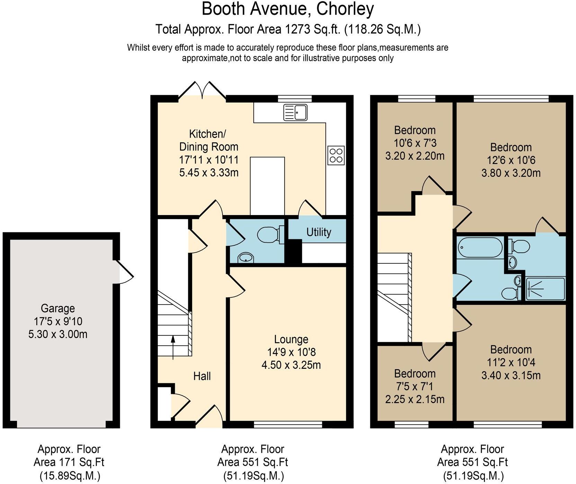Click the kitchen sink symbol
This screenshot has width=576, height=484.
295,112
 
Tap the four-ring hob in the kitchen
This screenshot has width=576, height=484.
336,155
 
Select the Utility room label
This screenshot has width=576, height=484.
318,232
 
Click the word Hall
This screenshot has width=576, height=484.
202,376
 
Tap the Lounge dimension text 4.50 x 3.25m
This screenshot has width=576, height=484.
291,365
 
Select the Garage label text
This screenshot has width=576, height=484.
57,308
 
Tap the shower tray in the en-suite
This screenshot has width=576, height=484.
545,289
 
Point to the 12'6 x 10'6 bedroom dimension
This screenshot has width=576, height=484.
511,160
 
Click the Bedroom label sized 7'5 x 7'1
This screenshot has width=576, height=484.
415,374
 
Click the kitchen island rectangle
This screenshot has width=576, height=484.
267,186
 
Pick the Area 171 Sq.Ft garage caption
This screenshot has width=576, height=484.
69,462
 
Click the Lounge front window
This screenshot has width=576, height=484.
288,424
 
